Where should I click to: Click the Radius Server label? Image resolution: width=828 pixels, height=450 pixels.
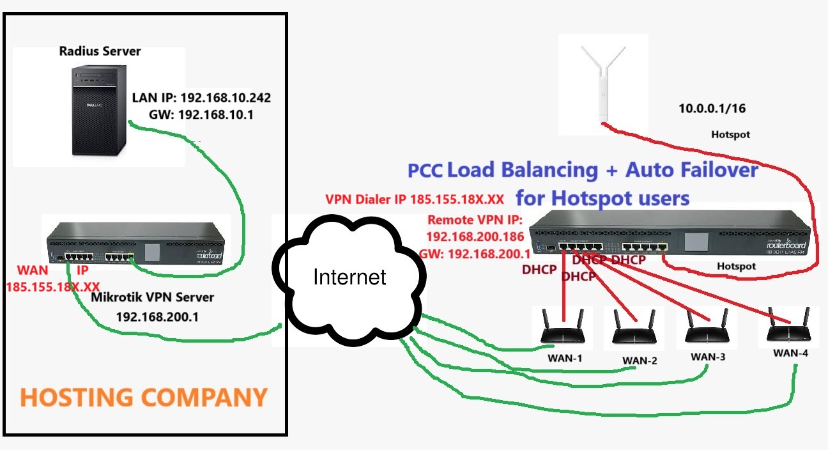(x=100, y=51)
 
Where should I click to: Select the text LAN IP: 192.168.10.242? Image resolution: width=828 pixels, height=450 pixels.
(x=201, y=98)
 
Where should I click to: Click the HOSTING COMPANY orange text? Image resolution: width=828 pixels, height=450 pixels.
(x=143, y=397)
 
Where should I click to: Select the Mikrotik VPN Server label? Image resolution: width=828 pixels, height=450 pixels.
(x=153, y=297)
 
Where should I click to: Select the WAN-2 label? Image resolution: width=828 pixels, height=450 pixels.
(x=640, y=361)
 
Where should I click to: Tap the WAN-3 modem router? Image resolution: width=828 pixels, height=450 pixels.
(x=707, y=329)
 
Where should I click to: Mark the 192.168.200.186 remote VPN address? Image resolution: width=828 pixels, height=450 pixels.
(x=474, y=236)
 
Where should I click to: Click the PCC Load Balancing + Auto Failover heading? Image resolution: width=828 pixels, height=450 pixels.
(x=583, y=170)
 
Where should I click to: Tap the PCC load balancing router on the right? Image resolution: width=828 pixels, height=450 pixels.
(x=671, y=237)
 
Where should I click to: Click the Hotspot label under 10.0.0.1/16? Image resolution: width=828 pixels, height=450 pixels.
(x=730, y=135)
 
